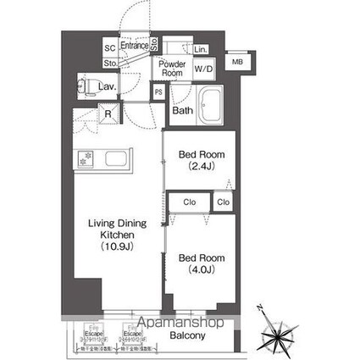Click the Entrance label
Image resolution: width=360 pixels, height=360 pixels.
coord(134,46)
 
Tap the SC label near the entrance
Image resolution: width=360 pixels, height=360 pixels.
coord(110,48)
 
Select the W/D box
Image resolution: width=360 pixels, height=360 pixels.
coord(204,67)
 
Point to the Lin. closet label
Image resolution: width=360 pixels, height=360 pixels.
coord(201,49)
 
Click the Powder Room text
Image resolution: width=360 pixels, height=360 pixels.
coord(173,69)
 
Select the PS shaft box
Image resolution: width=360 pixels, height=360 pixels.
coord(158,92)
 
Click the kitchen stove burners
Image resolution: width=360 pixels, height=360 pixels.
coord(86,158)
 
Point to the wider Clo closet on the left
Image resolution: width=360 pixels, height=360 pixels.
coord(190,202)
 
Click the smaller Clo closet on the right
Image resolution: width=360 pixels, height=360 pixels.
coord(223,202)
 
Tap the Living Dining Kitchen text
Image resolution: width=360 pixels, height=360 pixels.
coord(118,235)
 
